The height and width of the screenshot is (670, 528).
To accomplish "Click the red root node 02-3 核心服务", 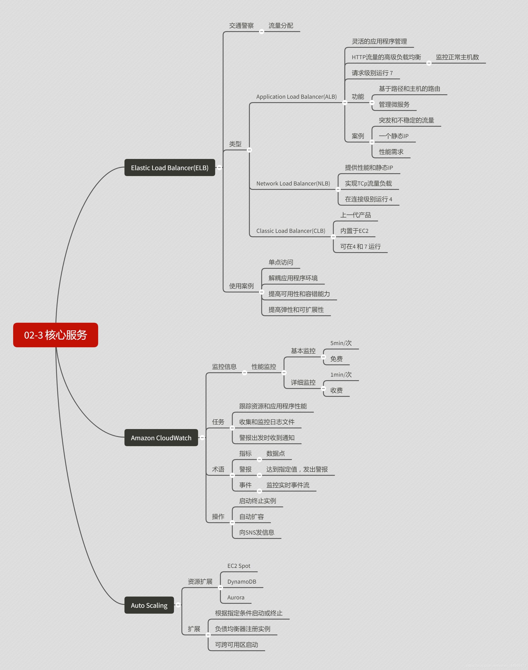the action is coord(56,335).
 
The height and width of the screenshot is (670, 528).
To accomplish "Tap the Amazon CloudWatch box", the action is coord(161,438).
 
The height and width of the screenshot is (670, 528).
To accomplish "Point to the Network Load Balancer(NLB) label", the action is coord(293,184).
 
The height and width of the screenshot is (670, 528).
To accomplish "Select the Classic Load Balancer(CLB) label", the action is coord(291,231).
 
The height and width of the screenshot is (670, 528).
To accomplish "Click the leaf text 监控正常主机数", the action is coord(457,57).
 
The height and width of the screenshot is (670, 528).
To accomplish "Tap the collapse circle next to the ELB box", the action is coord(220,167).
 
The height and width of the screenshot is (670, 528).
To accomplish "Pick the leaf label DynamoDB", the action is coord(242,581).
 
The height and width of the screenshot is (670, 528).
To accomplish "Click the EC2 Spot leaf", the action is coord(239,566).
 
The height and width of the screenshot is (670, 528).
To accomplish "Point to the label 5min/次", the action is coord(341,343).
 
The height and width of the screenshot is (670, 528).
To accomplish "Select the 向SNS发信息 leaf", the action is coord(257,532).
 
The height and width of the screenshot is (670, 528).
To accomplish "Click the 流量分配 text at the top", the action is coord(281,26).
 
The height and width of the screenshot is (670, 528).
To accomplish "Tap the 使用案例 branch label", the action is coord(241,286).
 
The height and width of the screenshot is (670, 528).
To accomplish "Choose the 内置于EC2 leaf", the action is coord(354,231).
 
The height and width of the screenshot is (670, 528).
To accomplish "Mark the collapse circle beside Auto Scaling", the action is coord(178,605).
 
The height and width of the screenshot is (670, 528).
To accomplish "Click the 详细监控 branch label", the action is coord(303,383).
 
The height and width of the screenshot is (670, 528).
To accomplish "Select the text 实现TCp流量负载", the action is coord(368,184).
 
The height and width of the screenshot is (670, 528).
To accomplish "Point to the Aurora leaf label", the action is coord(236,597).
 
